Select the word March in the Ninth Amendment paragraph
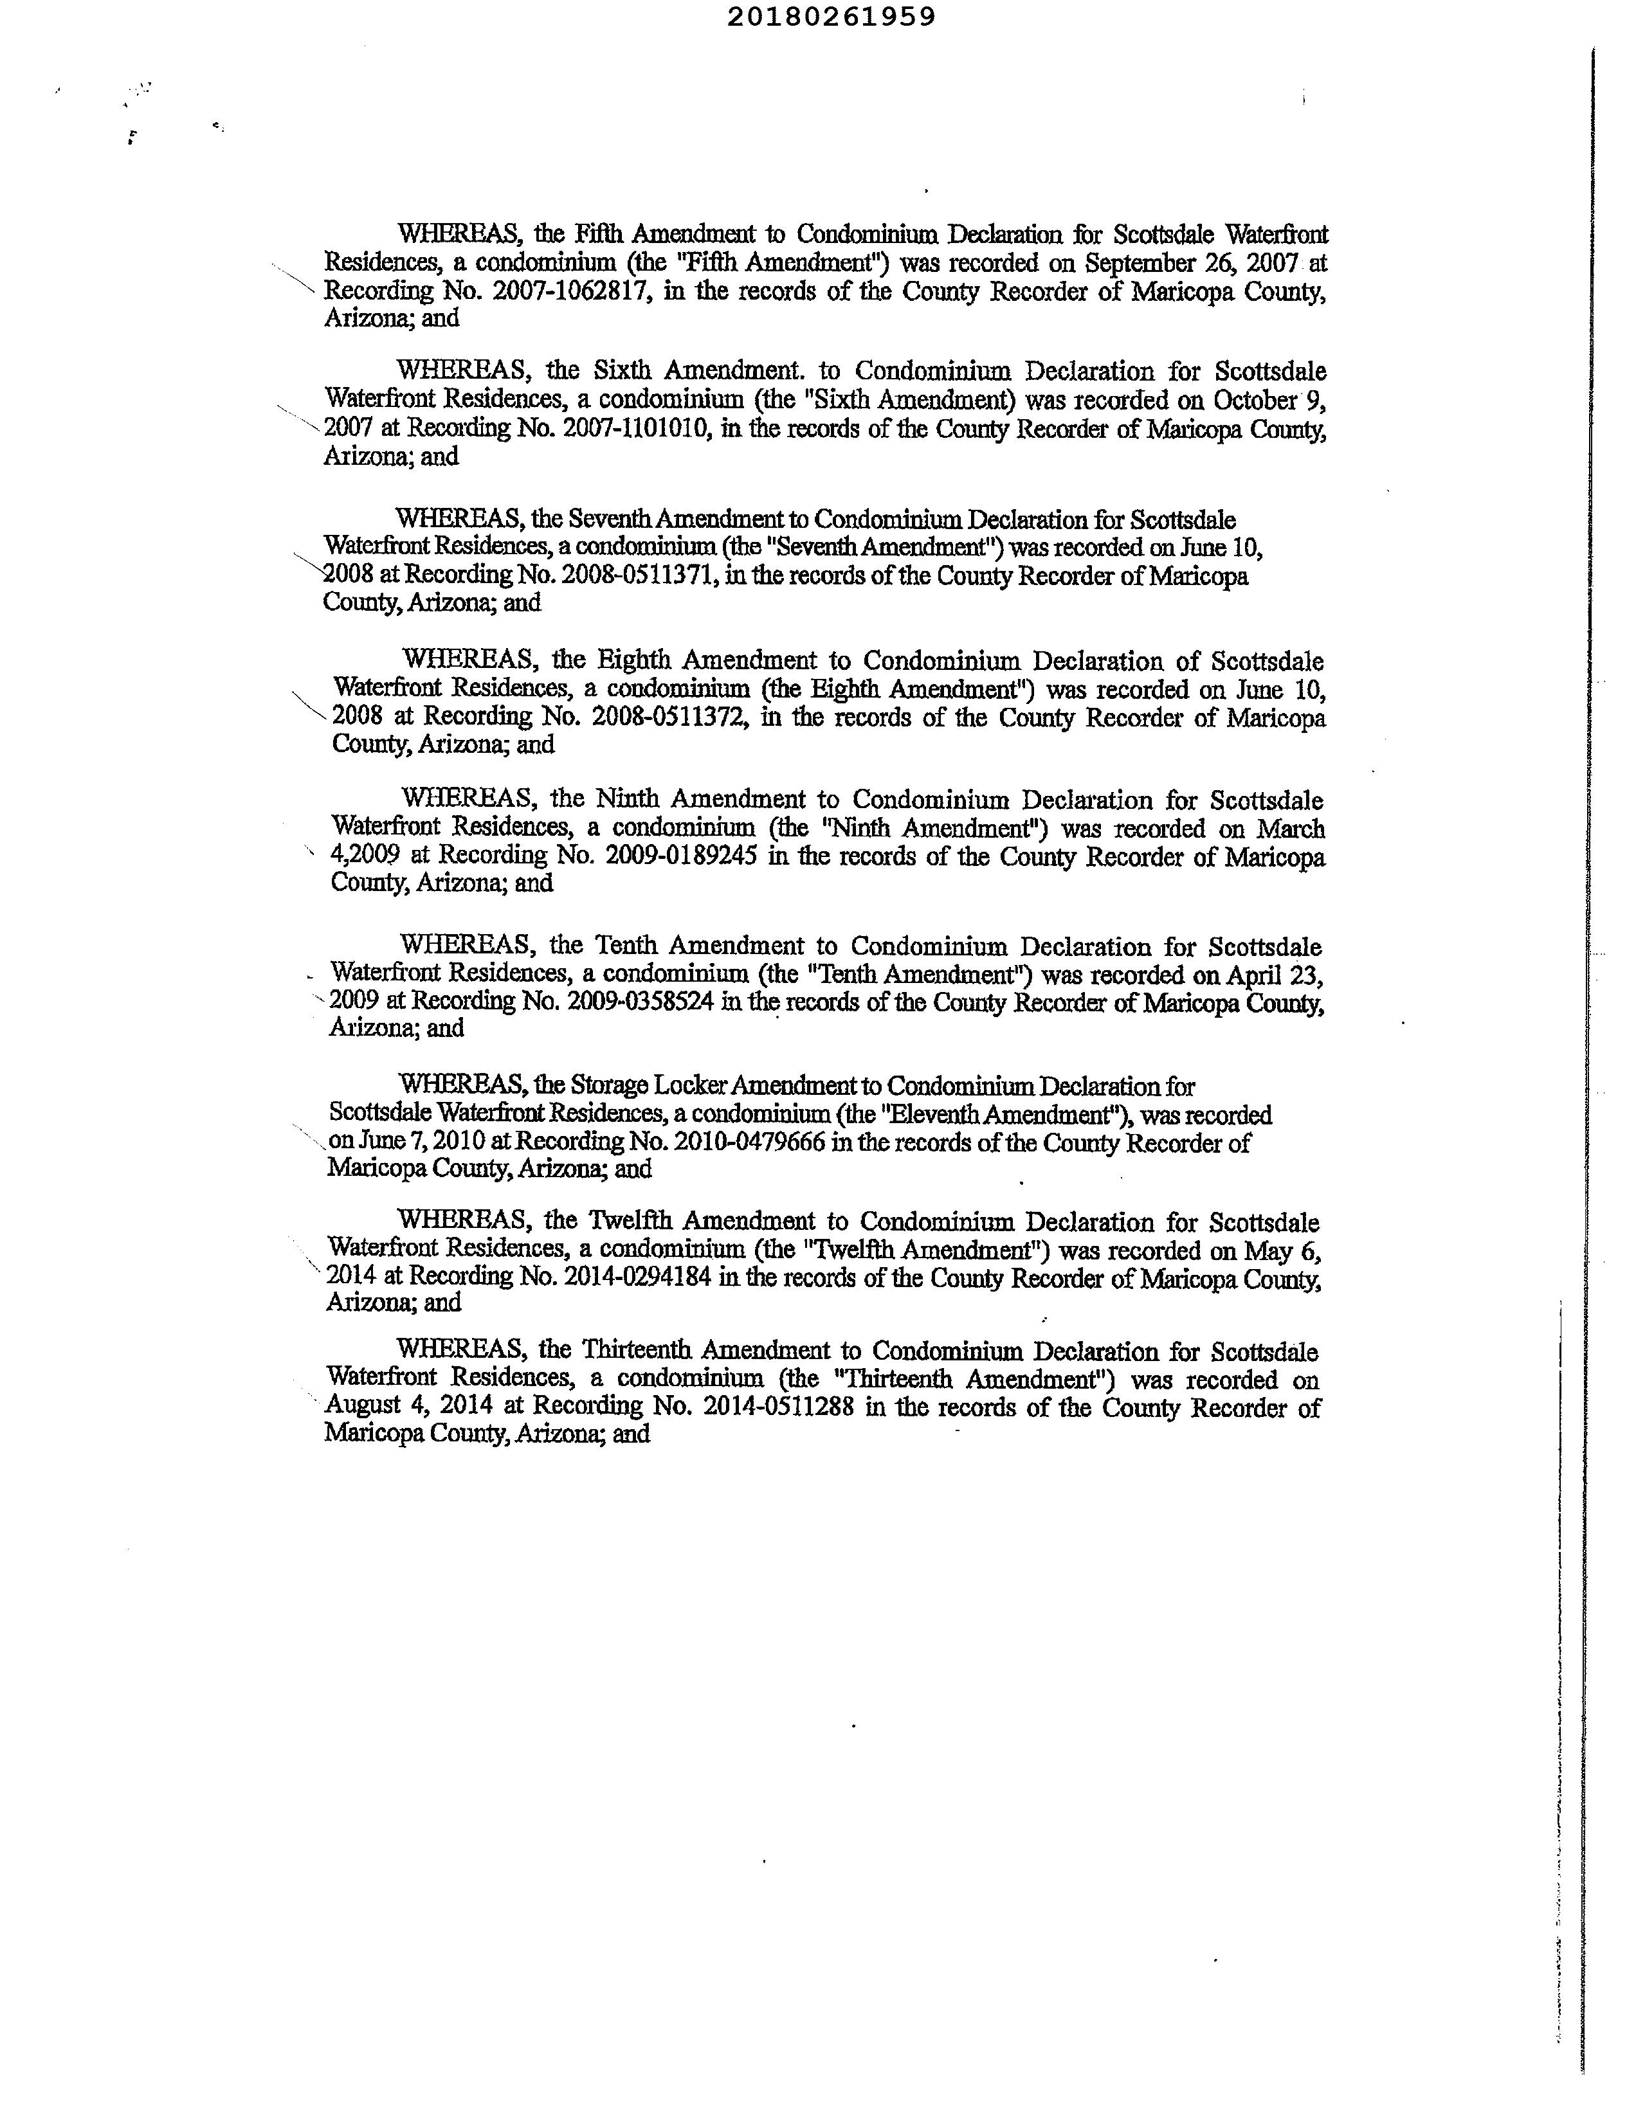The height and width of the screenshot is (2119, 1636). pos(1291,829)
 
